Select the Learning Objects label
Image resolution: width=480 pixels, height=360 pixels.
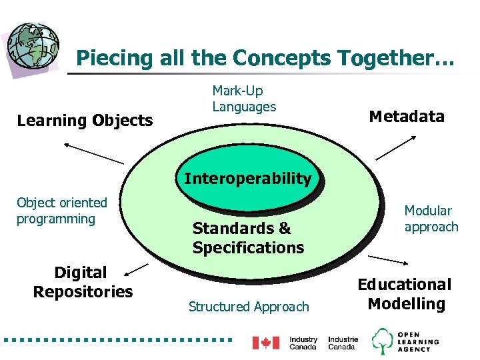tap(85, 121)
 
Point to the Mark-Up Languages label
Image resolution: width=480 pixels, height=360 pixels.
tap(244, 99)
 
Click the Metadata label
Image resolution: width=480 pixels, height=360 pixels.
tap(406, 117)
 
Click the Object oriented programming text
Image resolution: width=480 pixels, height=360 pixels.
tap(61, 211)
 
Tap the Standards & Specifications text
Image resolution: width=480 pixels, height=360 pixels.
tap(248, 238)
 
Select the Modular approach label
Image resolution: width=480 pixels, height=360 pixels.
tap(431, 219)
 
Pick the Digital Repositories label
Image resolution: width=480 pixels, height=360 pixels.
tap(83, 282)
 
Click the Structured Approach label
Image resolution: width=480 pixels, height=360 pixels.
tap(249, 307)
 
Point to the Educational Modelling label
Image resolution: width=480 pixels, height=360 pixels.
tap(405, 294)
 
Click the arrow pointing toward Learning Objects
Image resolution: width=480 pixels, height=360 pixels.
tap(93, 153)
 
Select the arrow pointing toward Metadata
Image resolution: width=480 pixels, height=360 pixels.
tap(397, 147)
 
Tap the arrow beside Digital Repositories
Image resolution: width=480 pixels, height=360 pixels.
tap(137, 269)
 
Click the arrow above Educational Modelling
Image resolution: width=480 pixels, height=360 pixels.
tap(391, 259)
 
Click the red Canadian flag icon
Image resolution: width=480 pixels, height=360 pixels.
tap(265, 343)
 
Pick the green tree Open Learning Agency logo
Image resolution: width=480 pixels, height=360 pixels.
tap(383, 341)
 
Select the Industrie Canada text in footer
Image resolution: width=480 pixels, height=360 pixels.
tap(343, 343)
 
